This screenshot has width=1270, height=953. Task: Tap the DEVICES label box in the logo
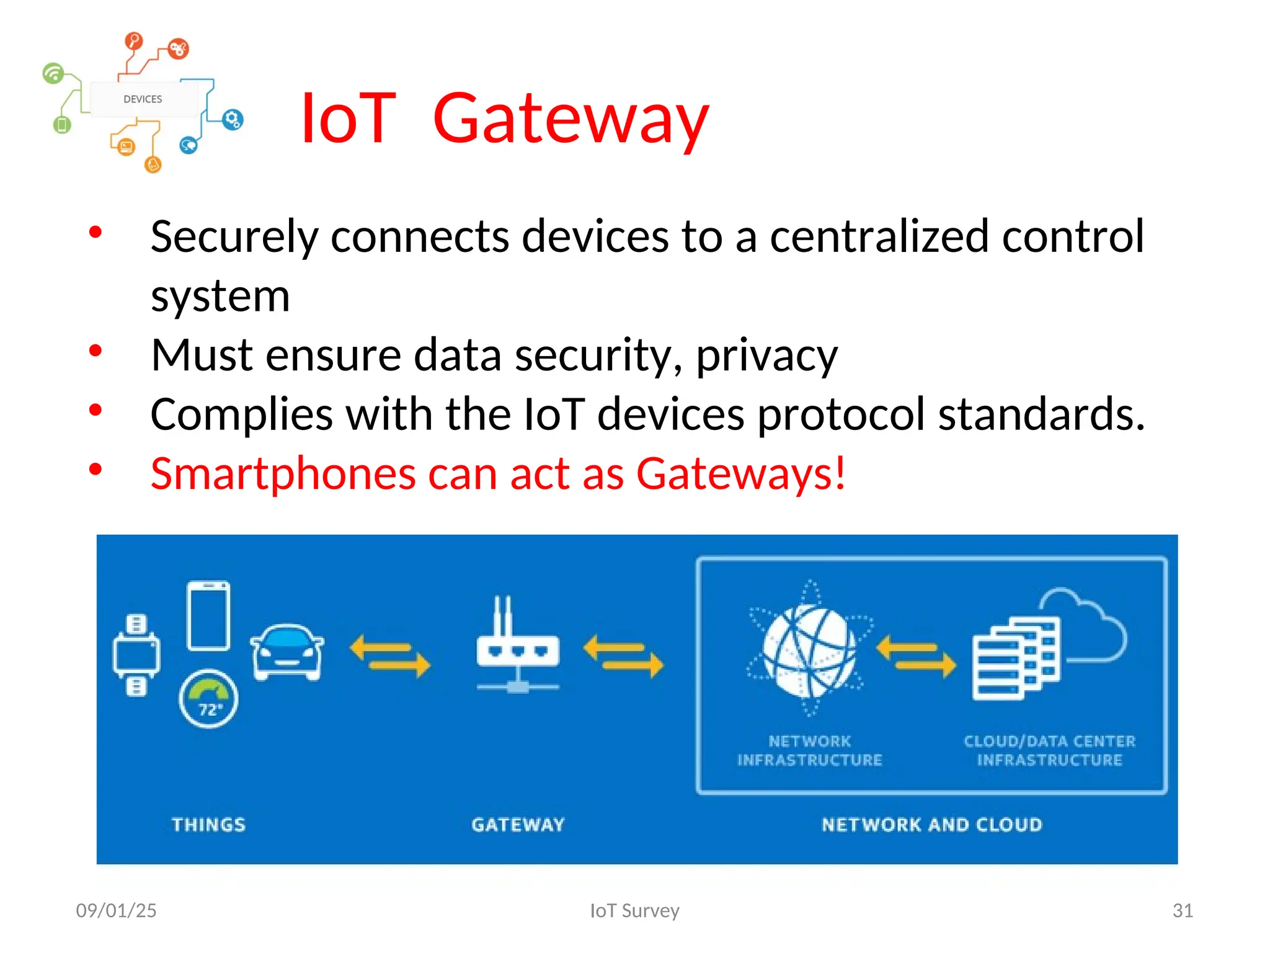pyautogui.click(x=143, y=99)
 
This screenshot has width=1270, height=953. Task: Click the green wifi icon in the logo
pyautogui.click(x=53, y=74)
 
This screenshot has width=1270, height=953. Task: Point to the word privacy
pyautogui.click(x=766, y=355)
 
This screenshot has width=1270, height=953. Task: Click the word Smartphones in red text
pyautogui.click(x=283, y=473)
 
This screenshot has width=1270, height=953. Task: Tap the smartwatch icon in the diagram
pyautogui.click(x=136, y=655)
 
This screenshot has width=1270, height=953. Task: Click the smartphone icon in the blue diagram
pyautogui.click(x=208, y=615)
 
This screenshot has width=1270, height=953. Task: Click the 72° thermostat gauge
pyautogui.click(x=208, y=699)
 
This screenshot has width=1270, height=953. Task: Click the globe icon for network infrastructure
pyautogui.click(x=809, y=649)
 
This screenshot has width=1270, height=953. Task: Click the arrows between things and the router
pyautogui.click(x=390, y=655)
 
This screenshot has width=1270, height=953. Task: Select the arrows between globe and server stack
pyautogui.click(x=917, y=655)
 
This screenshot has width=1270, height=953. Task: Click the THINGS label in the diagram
pyautogui.click(x=208, y=825)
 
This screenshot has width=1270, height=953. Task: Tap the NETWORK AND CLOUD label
pyautogui.click(x=931, y=825)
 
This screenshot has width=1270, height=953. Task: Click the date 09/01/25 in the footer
pyautogui.click(x=117, y=910)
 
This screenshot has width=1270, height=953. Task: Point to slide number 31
pyautogui.click(x=1183, y=910)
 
